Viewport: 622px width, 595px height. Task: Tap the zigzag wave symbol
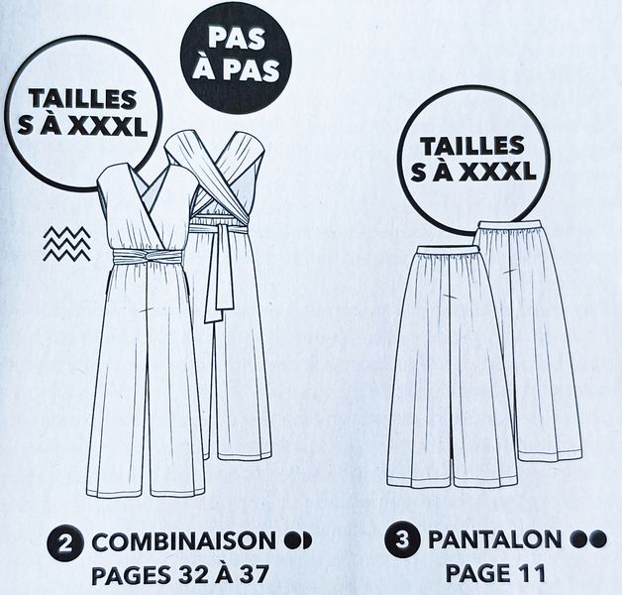pyautogui.click(x=66, y=244)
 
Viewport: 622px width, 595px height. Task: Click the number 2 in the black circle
pyautogui.click(x=65, y=542)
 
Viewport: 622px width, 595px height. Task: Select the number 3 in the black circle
pyautogui.click(x=402, y=539)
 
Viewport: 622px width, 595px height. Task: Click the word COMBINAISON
pyautogui.click(x=184, y=541)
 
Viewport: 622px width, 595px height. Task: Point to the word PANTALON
pyautogui.click(x=495, y=539)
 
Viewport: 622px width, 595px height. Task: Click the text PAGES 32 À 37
pyautogui.click(x=180, y=574)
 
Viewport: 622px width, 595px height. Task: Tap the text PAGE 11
pyautogui.click(x=495, y=573)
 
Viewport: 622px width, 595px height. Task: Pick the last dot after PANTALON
pyautogui.click(x=598, y=539)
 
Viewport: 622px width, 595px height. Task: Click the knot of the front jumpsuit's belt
pyautogui.click(x=149, y=257)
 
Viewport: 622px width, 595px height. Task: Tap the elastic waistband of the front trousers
pyautogui.click(x=447, y=250)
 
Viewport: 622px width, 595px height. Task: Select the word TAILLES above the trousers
pyautogui.click(x=472, y=146)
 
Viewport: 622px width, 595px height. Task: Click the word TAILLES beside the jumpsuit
pyautogui.click(x=82, y=99)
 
